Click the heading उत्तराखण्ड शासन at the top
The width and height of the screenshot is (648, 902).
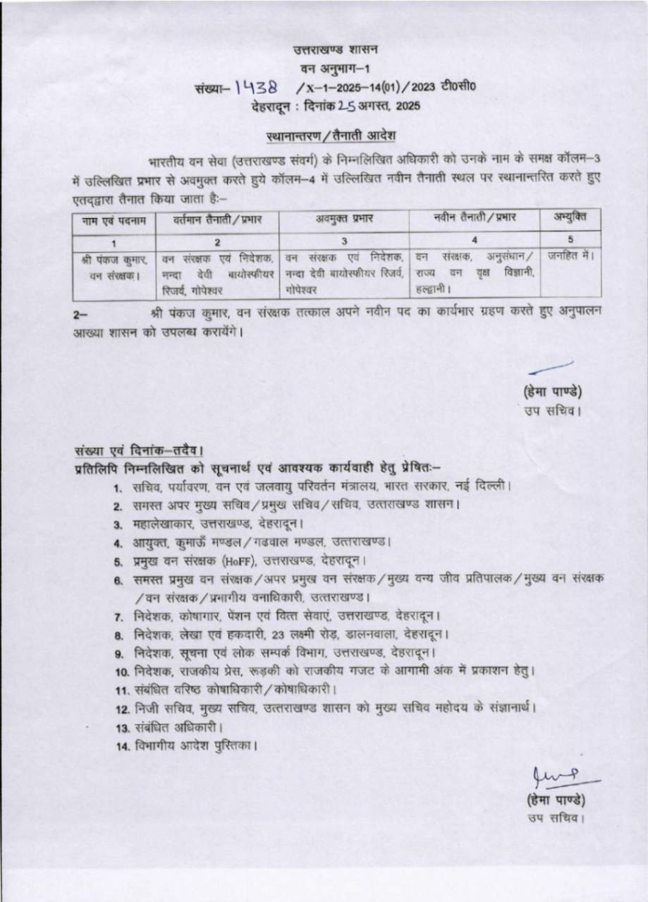[x=336, y=49]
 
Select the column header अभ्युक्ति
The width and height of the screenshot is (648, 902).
[x=569, y=218]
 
